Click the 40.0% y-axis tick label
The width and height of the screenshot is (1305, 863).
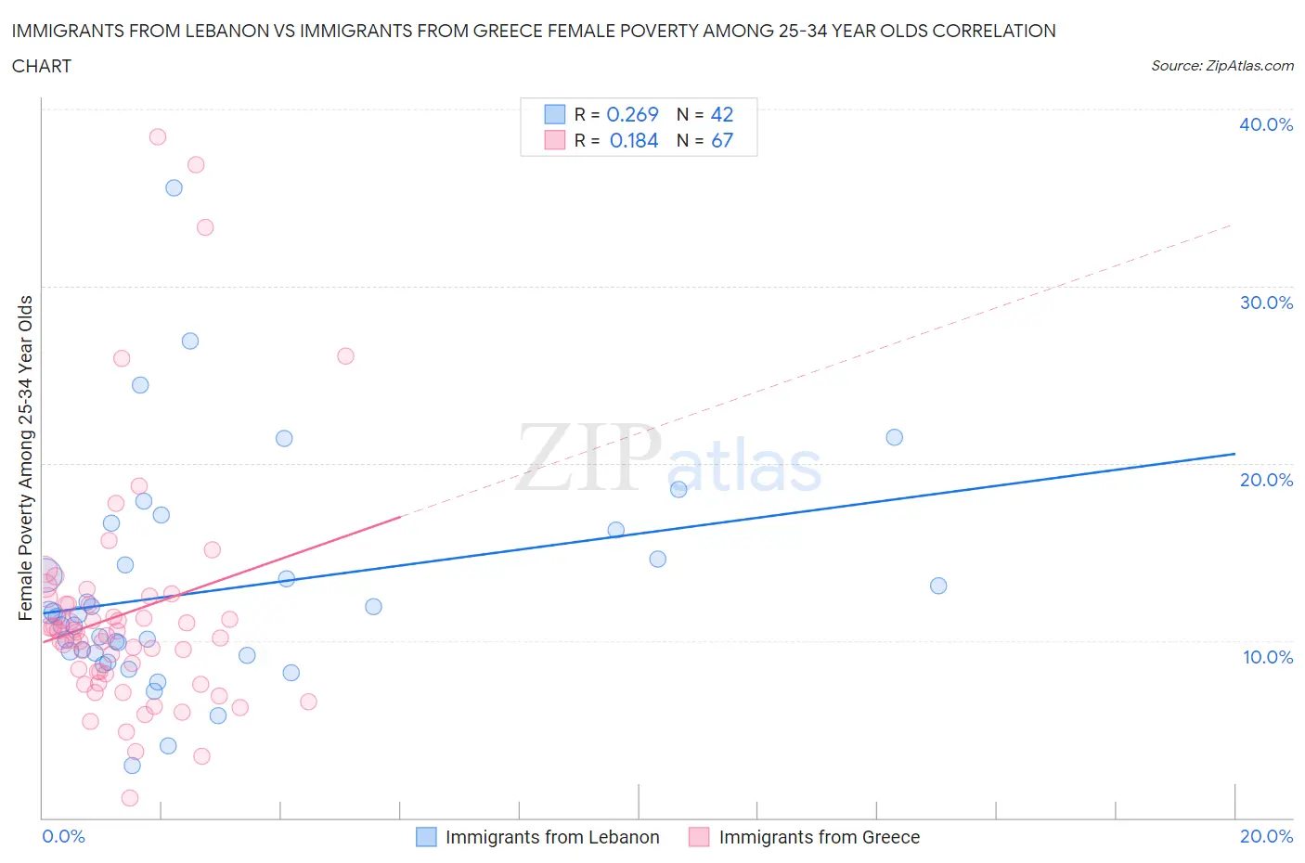[1265, 124]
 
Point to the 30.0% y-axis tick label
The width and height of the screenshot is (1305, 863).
[1265, 303]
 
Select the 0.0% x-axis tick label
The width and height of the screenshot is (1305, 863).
[63, 836]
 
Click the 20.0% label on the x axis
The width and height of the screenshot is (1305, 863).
[1266, 836]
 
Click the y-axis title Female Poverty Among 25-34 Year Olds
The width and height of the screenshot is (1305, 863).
[26, 457]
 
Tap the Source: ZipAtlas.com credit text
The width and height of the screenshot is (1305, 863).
[1221, 66]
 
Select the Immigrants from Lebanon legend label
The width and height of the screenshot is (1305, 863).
[552, 837]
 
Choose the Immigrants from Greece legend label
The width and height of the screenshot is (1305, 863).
[819, 837]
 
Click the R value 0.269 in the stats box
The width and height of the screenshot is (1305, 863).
[632, 114]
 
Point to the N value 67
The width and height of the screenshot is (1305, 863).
[721, 140]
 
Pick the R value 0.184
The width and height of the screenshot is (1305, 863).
[634, 140]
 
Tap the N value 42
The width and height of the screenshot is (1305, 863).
[721, 114]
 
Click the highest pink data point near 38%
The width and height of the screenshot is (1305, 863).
[158, 136]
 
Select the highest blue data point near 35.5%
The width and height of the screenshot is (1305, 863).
[174, 187]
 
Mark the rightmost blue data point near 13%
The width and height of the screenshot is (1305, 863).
[938, 586]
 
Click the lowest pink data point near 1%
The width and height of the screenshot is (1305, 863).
[130, 798]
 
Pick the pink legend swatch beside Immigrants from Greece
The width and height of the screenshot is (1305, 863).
[698, 837]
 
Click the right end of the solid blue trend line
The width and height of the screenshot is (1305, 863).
[1234, 454]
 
